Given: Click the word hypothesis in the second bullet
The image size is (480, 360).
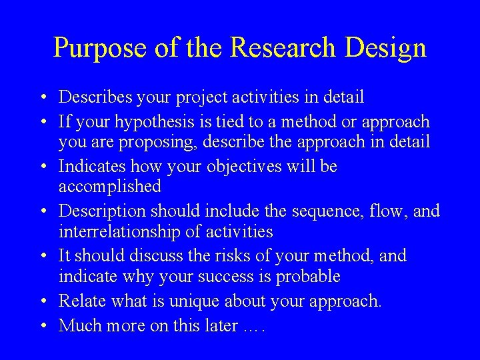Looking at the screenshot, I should click(x=151, y=122).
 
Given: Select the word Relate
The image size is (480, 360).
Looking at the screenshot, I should click(x=79, y=301).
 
